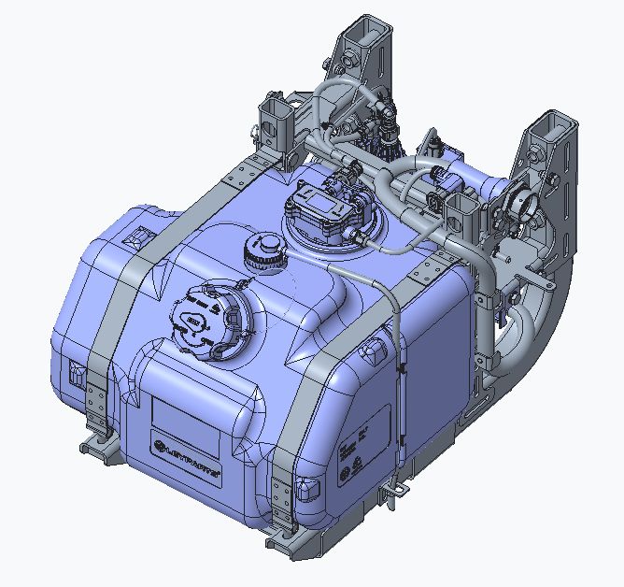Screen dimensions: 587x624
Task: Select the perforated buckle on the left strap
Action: click(97, 394)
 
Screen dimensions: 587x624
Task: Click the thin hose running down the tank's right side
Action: click(397, 374)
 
